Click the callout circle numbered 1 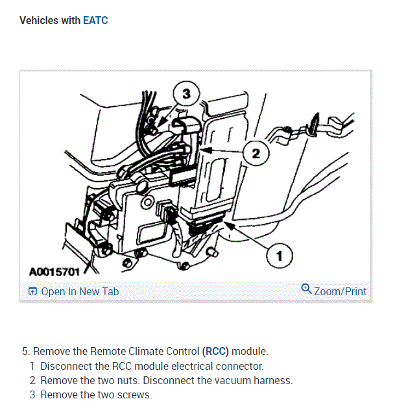pos(279,257)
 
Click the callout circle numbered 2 pos(256,154)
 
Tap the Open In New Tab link pos(80,291)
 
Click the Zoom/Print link pos(340,291)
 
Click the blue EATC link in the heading pos(95,21)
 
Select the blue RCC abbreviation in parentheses pos(215,352)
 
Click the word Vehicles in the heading pos(40,21)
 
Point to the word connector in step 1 pos(241,366)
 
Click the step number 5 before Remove pos(25,352)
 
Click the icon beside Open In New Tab pos(32,292)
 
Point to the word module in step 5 pos(250,352)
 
